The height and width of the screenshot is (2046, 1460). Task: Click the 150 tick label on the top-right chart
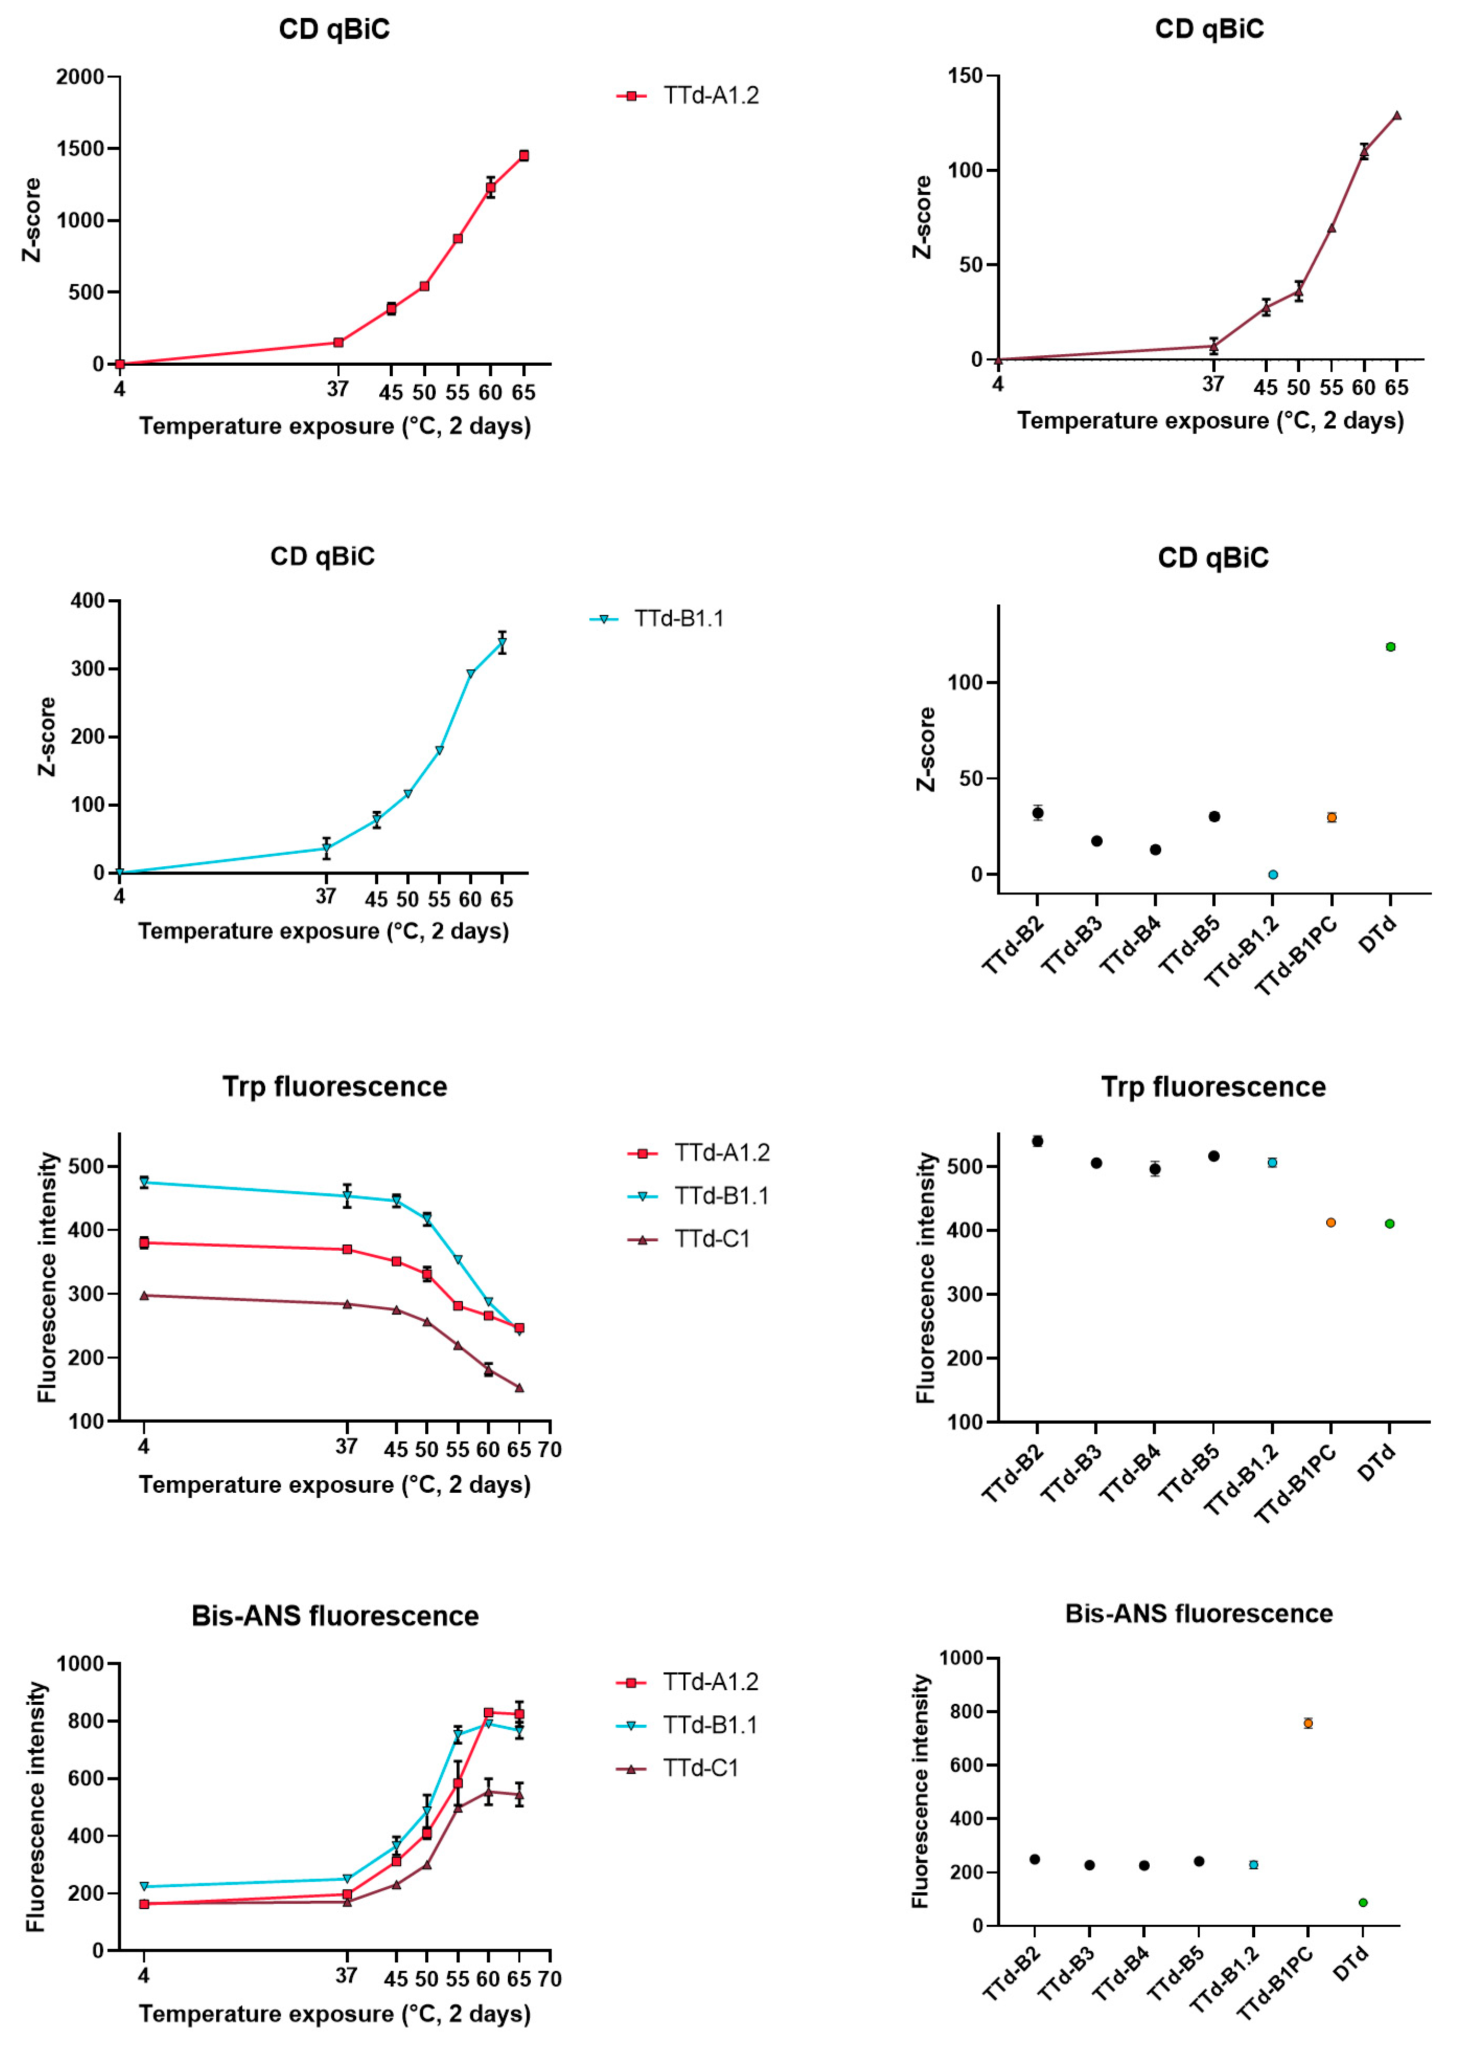(965, 76)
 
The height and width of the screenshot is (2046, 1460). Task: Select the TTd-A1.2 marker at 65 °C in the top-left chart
(523, 156)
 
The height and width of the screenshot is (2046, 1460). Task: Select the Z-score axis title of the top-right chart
(922, 217)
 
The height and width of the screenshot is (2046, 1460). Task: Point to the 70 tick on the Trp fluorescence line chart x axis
(550, 1449)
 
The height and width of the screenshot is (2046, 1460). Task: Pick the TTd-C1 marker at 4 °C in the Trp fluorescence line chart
(144, 1295)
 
